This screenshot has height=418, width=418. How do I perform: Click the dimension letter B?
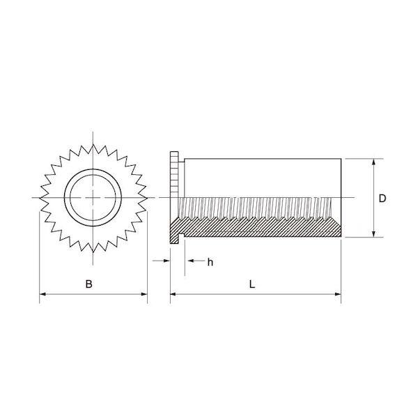click(x=88, y=284)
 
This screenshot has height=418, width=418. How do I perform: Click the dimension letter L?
click(x=252, y=284)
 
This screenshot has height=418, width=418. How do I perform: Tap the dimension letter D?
click(x=382, y=199)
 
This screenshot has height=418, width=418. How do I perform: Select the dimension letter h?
click(x=210, y=263)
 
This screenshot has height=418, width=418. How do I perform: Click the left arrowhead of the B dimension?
click(x=42, y=294)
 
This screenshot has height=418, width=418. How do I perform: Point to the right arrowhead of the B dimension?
click(x=144, y=294)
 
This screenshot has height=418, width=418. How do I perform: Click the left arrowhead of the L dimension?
click(x=173, y=294)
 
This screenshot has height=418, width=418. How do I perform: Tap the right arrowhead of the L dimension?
click(x=338, y=294)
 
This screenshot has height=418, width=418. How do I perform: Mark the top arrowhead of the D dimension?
click(x=373, y=162)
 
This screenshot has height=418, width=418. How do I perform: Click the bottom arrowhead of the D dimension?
click(x=373, y=233)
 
